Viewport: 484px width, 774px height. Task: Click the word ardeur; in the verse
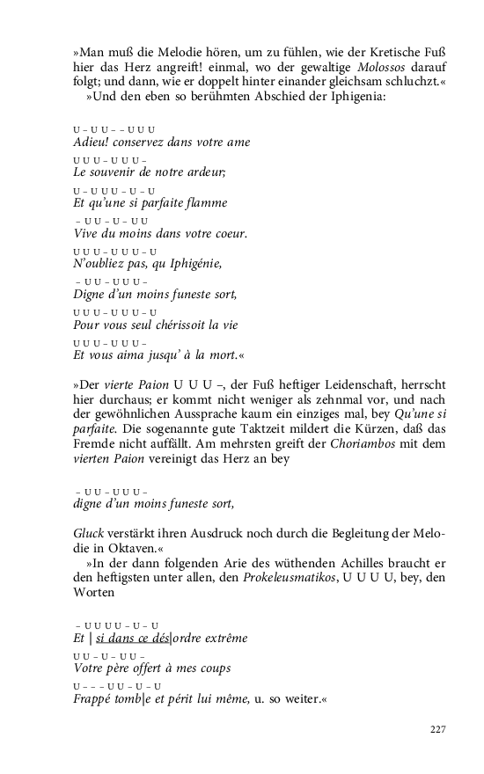202,172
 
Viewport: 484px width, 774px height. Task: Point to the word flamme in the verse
203,203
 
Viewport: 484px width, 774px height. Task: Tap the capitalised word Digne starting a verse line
91,295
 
